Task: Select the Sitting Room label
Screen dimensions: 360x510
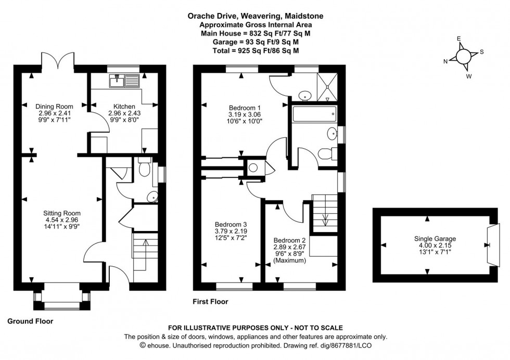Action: (x=62, y=213)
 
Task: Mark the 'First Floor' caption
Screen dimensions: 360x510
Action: (x=211, y=301)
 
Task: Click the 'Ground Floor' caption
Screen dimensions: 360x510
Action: (x=30, y=322)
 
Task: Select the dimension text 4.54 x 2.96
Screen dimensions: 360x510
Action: (x=62, y=220)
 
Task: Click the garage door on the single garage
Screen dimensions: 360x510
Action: (x=492, y=245)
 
